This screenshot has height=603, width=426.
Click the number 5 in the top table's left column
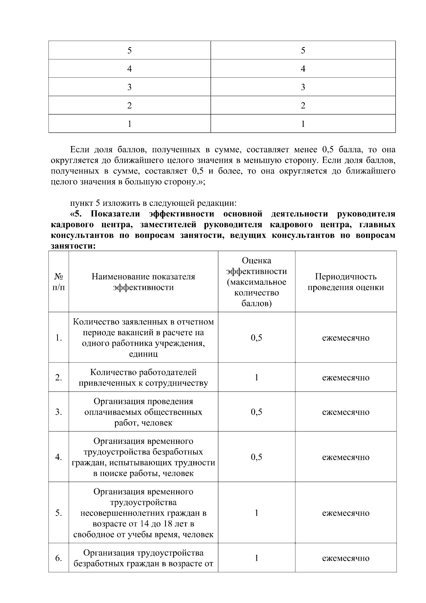tap(130, 50)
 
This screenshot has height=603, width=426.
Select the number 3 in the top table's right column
tap(303, 87)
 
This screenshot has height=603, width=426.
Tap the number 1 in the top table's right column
tap(303, 124)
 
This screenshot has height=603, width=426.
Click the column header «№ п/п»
tap(59, 282)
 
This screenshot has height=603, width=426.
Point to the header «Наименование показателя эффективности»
tap(143, 282)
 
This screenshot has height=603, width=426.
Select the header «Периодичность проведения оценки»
tap(345, 282)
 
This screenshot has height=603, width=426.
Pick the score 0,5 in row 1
tap(256, 338)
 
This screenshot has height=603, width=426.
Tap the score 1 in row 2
tap(256, 377)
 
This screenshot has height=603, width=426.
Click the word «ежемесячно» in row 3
tap(345, 412)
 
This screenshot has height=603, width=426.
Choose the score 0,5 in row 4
tap(256, 457)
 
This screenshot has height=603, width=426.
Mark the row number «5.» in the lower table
tap(59, 513)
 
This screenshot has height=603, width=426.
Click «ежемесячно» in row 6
tap(345, 558)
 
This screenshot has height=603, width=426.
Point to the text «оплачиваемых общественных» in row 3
tap(143, 412)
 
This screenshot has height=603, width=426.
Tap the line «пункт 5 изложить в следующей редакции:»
tap(153, 203)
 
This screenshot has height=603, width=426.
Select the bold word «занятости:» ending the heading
tap(73, 246)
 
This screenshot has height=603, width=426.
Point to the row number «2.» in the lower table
tap(59, 377)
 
